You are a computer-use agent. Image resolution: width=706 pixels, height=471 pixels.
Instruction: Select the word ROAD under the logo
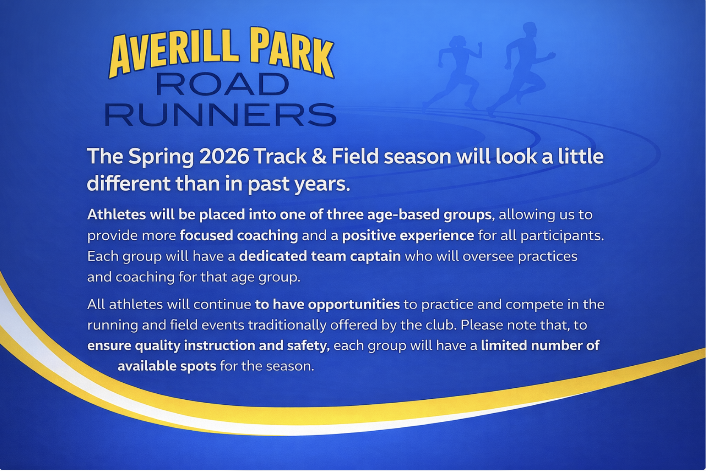click(x=222, y=84)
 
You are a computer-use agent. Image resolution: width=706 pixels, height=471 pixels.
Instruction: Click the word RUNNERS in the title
click(x=220, y=115)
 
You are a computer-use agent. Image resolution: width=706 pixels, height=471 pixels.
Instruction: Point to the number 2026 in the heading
click(x=224, y=157)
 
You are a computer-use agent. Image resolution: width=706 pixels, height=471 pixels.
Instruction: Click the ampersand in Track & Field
click(x=319, y=157)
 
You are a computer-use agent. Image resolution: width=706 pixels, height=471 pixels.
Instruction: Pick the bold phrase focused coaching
click(x=239, y=235)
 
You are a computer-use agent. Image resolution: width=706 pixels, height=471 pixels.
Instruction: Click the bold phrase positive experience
click(x=408, y=235)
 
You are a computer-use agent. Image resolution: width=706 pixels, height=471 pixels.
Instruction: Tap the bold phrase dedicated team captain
click(x=320, y=256)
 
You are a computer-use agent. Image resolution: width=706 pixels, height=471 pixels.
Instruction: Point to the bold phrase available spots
click(x=167, y=366)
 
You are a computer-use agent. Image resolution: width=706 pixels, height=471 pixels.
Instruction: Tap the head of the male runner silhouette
click(x=530, y=30)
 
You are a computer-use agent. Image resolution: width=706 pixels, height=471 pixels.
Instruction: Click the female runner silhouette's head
click(x=458, y=42)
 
